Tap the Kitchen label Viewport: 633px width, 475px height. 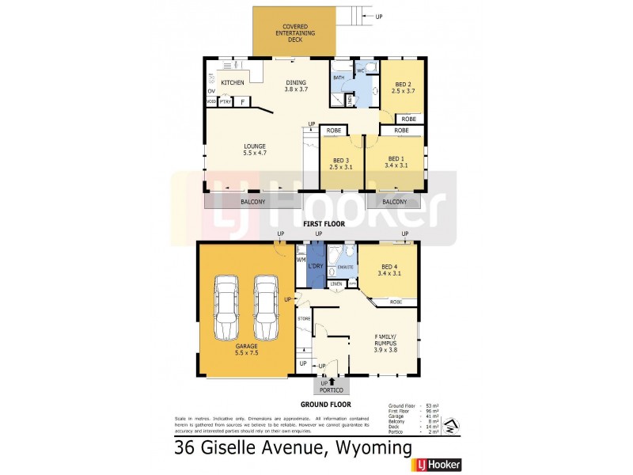click(232, 83)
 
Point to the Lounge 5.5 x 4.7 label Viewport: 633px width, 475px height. click(254, 149)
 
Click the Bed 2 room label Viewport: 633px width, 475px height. click(404, 87)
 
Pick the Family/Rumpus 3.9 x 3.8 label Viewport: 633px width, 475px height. click(385, 346)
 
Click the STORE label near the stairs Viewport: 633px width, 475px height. click(303, 318)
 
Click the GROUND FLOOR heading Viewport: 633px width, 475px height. click(331, 404)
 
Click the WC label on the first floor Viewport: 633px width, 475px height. click(360, 71)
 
